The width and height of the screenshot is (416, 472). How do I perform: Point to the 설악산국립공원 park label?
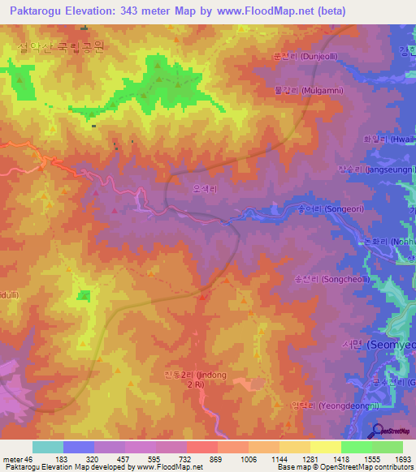pyautogui.click(x=61, y=48)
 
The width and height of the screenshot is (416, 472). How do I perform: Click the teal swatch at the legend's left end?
pyautogui.click(x=47, y=447)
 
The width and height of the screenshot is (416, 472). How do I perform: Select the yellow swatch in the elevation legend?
pyautogui.click(x=325, y=447)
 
